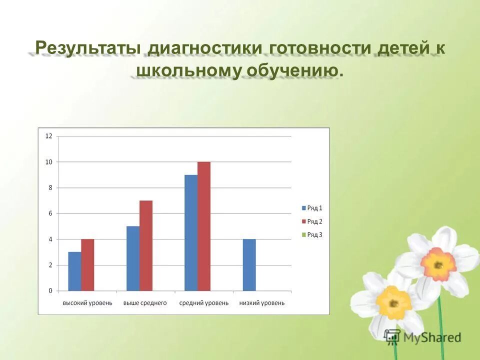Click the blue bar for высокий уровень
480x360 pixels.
pyautogui.click(x=74, y=271)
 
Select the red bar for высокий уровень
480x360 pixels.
pyautogui.click(x=87, y=265)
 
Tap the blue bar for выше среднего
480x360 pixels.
pyautogui.click(x=132, y=258)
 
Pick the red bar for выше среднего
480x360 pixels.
pyautogui.click(x=145, y=245)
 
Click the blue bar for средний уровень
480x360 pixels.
pyautogui.click(x=190, y=232)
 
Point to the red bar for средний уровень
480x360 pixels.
pyautogui.click(x=203, y=226)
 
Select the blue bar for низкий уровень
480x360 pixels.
pyautogui.click(x=249, y=265)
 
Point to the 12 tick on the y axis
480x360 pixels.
pyautogui.click(x=48, y=136)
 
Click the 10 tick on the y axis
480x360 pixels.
pyautogui.click(x=48, y=162)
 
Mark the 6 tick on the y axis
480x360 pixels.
pyautogui.click(x=50, y=213)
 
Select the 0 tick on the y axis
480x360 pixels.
pyautogui.click(x=50, y=290)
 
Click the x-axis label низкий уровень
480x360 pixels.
pyautogui.click(x=262, y=303)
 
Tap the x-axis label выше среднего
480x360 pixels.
pyautogui.click(x=145, y=303)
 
